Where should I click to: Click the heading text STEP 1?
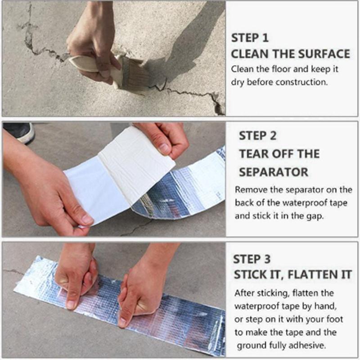click(250, 38)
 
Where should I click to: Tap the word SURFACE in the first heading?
click(324, 54)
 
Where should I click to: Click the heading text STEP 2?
click(257, 136)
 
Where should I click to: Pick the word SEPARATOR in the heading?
click(274, 172)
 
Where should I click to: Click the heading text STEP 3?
click(252, 259)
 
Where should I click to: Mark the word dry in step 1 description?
click(238, 82)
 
